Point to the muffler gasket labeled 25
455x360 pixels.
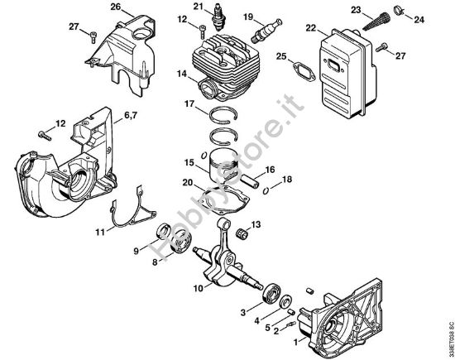(294, 69)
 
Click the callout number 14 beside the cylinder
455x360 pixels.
(180, 74)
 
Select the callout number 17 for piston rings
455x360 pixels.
(189, 104)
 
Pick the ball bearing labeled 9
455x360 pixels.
(164, 229)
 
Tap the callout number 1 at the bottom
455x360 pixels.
(297, 341)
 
